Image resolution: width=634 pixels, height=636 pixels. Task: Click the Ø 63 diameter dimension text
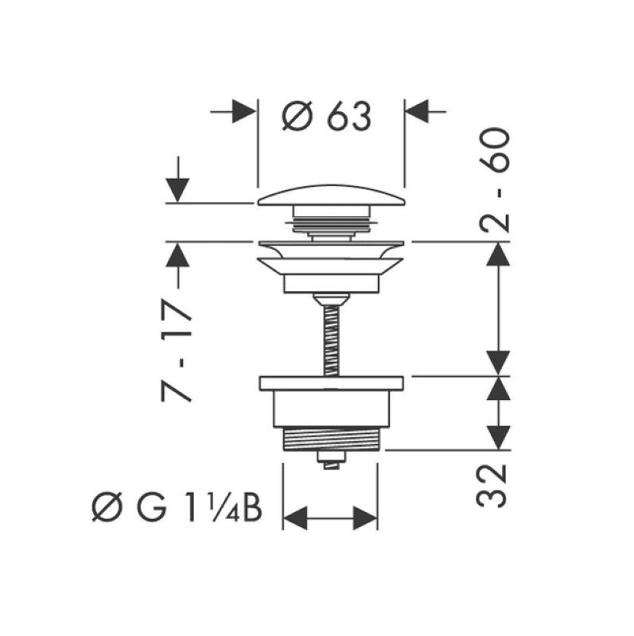[x=326, y=115]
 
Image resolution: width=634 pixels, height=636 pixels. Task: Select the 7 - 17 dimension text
[x=176, y=351]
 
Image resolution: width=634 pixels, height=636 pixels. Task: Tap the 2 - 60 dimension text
[x=494, y=180]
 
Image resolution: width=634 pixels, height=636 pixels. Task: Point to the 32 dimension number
[x=492, y=486]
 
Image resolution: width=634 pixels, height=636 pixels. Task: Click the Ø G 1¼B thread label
[x=177, y=507]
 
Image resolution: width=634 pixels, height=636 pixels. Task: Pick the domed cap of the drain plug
[x=331, y=195]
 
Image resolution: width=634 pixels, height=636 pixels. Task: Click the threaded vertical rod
[x=332, y=341]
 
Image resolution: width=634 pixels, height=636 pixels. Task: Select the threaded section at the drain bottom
[x=331, y=440]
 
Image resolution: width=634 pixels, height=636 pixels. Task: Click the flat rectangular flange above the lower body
[x=331, y=384]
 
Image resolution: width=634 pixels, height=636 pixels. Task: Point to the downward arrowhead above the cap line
[x=177, y=190]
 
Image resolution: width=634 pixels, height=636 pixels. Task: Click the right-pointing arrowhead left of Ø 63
[x=244, y=111]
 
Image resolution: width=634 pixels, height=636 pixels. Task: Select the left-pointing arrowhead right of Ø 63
[x=417, y=111]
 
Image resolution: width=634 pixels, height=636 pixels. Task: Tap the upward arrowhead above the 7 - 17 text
[x=177, y=254]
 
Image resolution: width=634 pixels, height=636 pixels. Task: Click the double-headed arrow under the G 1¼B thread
[x=330, y=518]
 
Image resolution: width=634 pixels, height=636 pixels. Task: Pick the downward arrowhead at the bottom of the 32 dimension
[x=499, y=438]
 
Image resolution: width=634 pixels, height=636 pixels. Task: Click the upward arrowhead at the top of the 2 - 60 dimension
[x=499, y=254]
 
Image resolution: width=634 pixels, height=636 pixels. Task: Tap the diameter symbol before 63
[x=298, y=115]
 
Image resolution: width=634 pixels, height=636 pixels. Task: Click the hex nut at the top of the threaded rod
[x=331, y=300]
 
